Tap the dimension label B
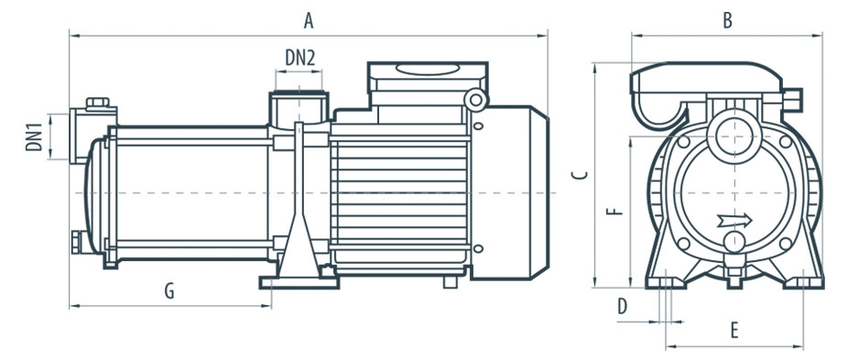pos(727,20)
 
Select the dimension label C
pos(580,174)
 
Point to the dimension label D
pos(623,307)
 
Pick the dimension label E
pos(734,330)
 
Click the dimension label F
pos(614,211)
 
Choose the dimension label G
pos(169,291)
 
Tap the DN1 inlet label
pos(34,137)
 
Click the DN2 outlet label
pos(300,58)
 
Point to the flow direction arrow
pos(734,221)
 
